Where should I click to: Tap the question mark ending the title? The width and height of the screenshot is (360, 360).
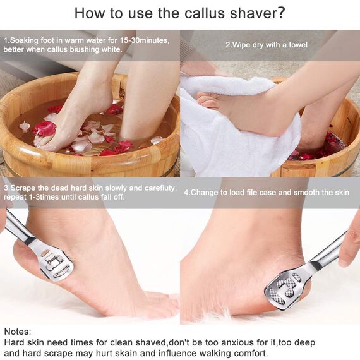click(281, 13)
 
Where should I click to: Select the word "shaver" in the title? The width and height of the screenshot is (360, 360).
click(253, 13)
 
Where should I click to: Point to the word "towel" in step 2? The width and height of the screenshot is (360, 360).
click(297, 45)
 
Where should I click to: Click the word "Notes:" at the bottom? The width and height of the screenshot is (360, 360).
click(18, 332)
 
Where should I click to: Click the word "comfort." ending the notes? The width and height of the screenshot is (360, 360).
click(250, 353)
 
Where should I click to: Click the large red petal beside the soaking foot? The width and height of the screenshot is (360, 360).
click(44, 128)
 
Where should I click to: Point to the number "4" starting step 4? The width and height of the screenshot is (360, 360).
click(186, 193)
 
